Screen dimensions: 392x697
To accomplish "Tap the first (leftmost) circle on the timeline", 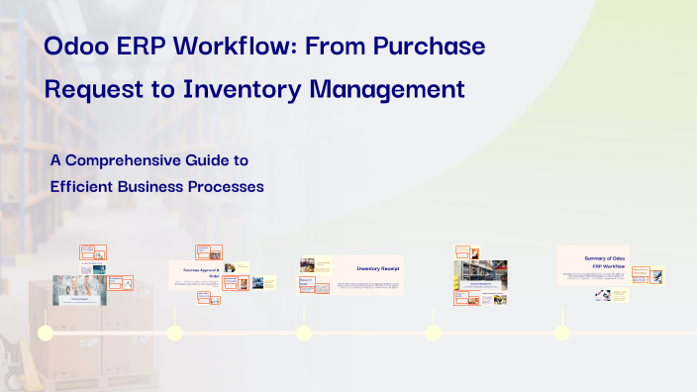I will tap(46, 333).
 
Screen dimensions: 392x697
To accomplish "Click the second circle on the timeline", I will tap(175, 333).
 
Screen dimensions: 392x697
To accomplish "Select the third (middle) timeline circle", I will tap(304, 333).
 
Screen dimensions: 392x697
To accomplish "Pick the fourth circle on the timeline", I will tap(433, 333).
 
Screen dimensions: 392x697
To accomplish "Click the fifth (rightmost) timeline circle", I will tap(562, 333).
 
